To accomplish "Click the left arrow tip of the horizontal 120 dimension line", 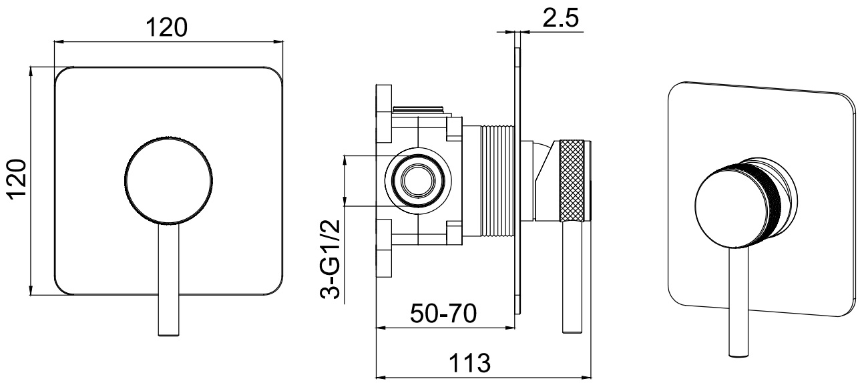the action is [55, 41].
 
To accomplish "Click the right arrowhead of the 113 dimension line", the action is [590, 376].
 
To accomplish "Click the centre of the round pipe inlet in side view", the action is [418, 181].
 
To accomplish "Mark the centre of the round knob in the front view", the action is [168, 179].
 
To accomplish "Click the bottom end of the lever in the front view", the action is [168, 335].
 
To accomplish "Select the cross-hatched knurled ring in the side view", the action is [572, 181].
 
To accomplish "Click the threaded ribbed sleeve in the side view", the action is [497, 180].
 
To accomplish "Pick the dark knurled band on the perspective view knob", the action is [759, 204].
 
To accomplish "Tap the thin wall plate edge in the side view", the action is [518, 181].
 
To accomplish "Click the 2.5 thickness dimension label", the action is [560, 17].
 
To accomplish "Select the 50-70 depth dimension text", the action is [443, 313].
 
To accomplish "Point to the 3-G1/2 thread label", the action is [330, 259].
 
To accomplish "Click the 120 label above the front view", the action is [167, 27].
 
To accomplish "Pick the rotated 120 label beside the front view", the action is [17, 179].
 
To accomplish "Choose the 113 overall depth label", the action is [469, 363].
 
